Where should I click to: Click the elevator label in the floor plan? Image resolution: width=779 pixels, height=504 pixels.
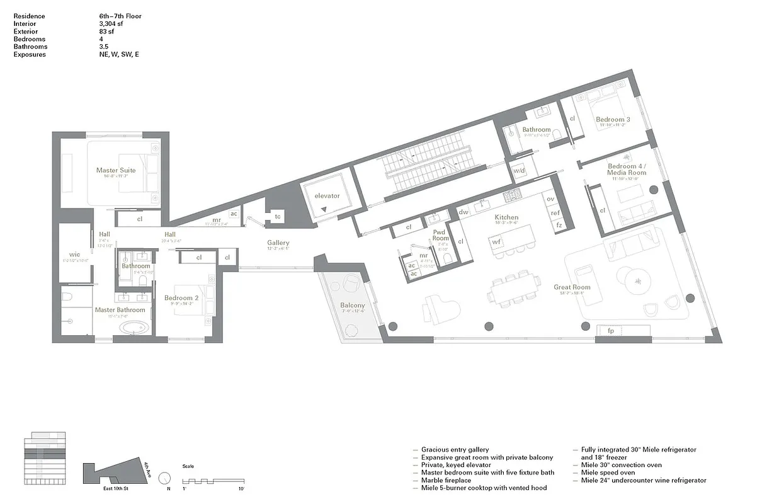pos(327,196)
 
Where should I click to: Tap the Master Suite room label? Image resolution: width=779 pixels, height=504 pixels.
pos(116,170)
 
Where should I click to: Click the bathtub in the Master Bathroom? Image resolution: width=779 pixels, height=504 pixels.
pos(134,328)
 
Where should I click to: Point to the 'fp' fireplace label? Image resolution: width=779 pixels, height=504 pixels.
pos(610,331)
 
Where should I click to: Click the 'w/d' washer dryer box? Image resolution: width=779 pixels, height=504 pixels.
pos(520,171)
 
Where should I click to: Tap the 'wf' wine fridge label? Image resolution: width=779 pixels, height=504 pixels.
pos(496,241)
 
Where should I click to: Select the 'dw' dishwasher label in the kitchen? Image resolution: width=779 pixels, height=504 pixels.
pos(463,212)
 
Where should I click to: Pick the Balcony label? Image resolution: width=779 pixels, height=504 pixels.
pos(353,306)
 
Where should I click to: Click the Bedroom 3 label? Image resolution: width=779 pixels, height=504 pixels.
pos(613,120)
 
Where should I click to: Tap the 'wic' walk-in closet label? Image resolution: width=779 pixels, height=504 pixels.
pos(74,255)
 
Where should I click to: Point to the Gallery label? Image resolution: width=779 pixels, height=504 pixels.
pos(278,243)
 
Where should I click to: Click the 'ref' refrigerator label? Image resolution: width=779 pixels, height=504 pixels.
pos(555,213)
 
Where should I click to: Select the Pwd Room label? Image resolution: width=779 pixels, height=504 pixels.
pos(440,235)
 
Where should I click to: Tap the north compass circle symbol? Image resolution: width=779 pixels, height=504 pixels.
pos(165,478)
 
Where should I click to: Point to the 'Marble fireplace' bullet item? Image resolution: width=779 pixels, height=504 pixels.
pos(446,480)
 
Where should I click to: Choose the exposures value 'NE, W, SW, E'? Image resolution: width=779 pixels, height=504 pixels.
pos(115,54)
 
